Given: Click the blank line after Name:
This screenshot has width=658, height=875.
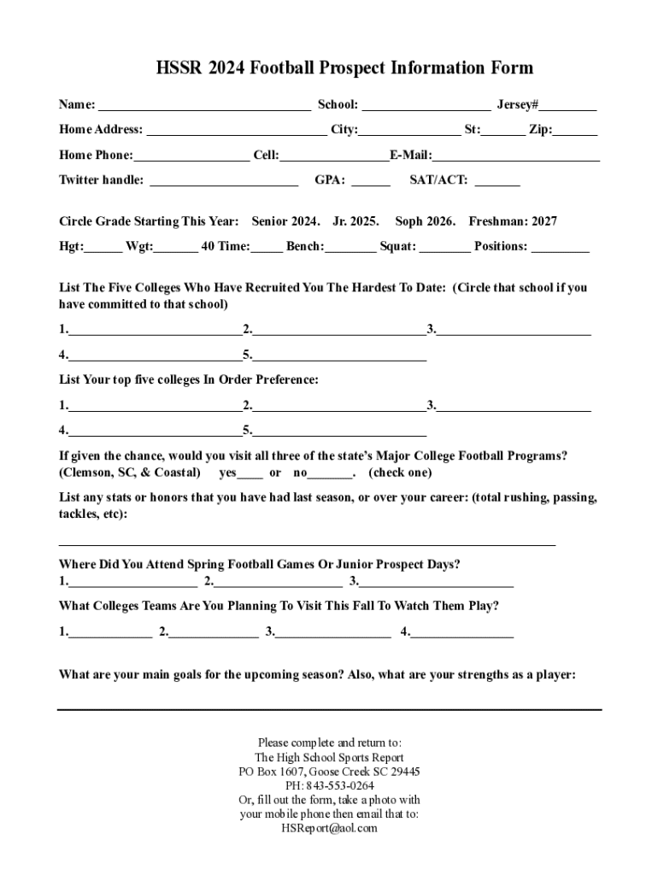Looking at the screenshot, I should [x=204, y=107].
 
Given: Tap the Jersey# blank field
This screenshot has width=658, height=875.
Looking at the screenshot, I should [x=567, y=107].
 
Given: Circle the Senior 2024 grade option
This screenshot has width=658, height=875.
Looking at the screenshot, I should [x=285, y=222].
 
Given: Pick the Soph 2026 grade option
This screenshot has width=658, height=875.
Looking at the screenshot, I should [x=425, y=222].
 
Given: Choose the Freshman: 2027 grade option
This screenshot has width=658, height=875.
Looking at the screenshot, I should [x=513, y=222].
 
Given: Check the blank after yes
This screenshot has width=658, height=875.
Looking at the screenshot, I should [x=250, y=474].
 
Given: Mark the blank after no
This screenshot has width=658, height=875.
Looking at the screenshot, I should [x=330, y=474].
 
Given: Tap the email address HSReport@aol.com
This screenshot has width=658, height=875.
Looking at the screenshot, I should [x=329, y=828].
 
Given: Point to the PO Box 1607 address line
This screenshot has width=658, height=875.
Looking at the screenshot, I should [x=329, y=772].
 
